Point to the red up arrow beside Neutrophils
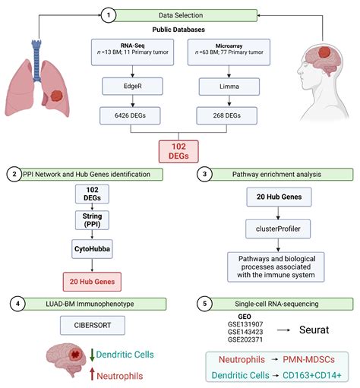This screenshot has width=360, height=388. (x=93, y=373)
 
